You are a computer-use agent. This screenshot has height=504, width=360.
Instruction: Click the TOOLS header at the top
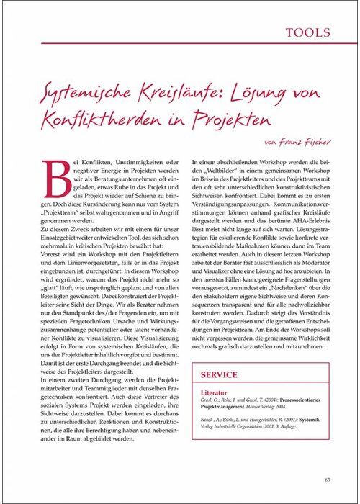click(x=307, y=32)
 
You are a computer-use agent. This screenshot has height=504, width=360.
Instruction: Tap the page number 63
click(x=327, y=479)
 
